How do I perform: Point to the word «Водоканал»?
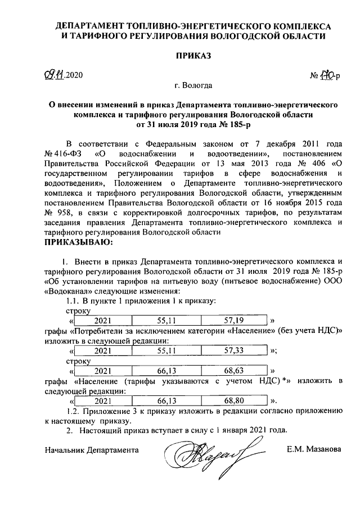[66, 291]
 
